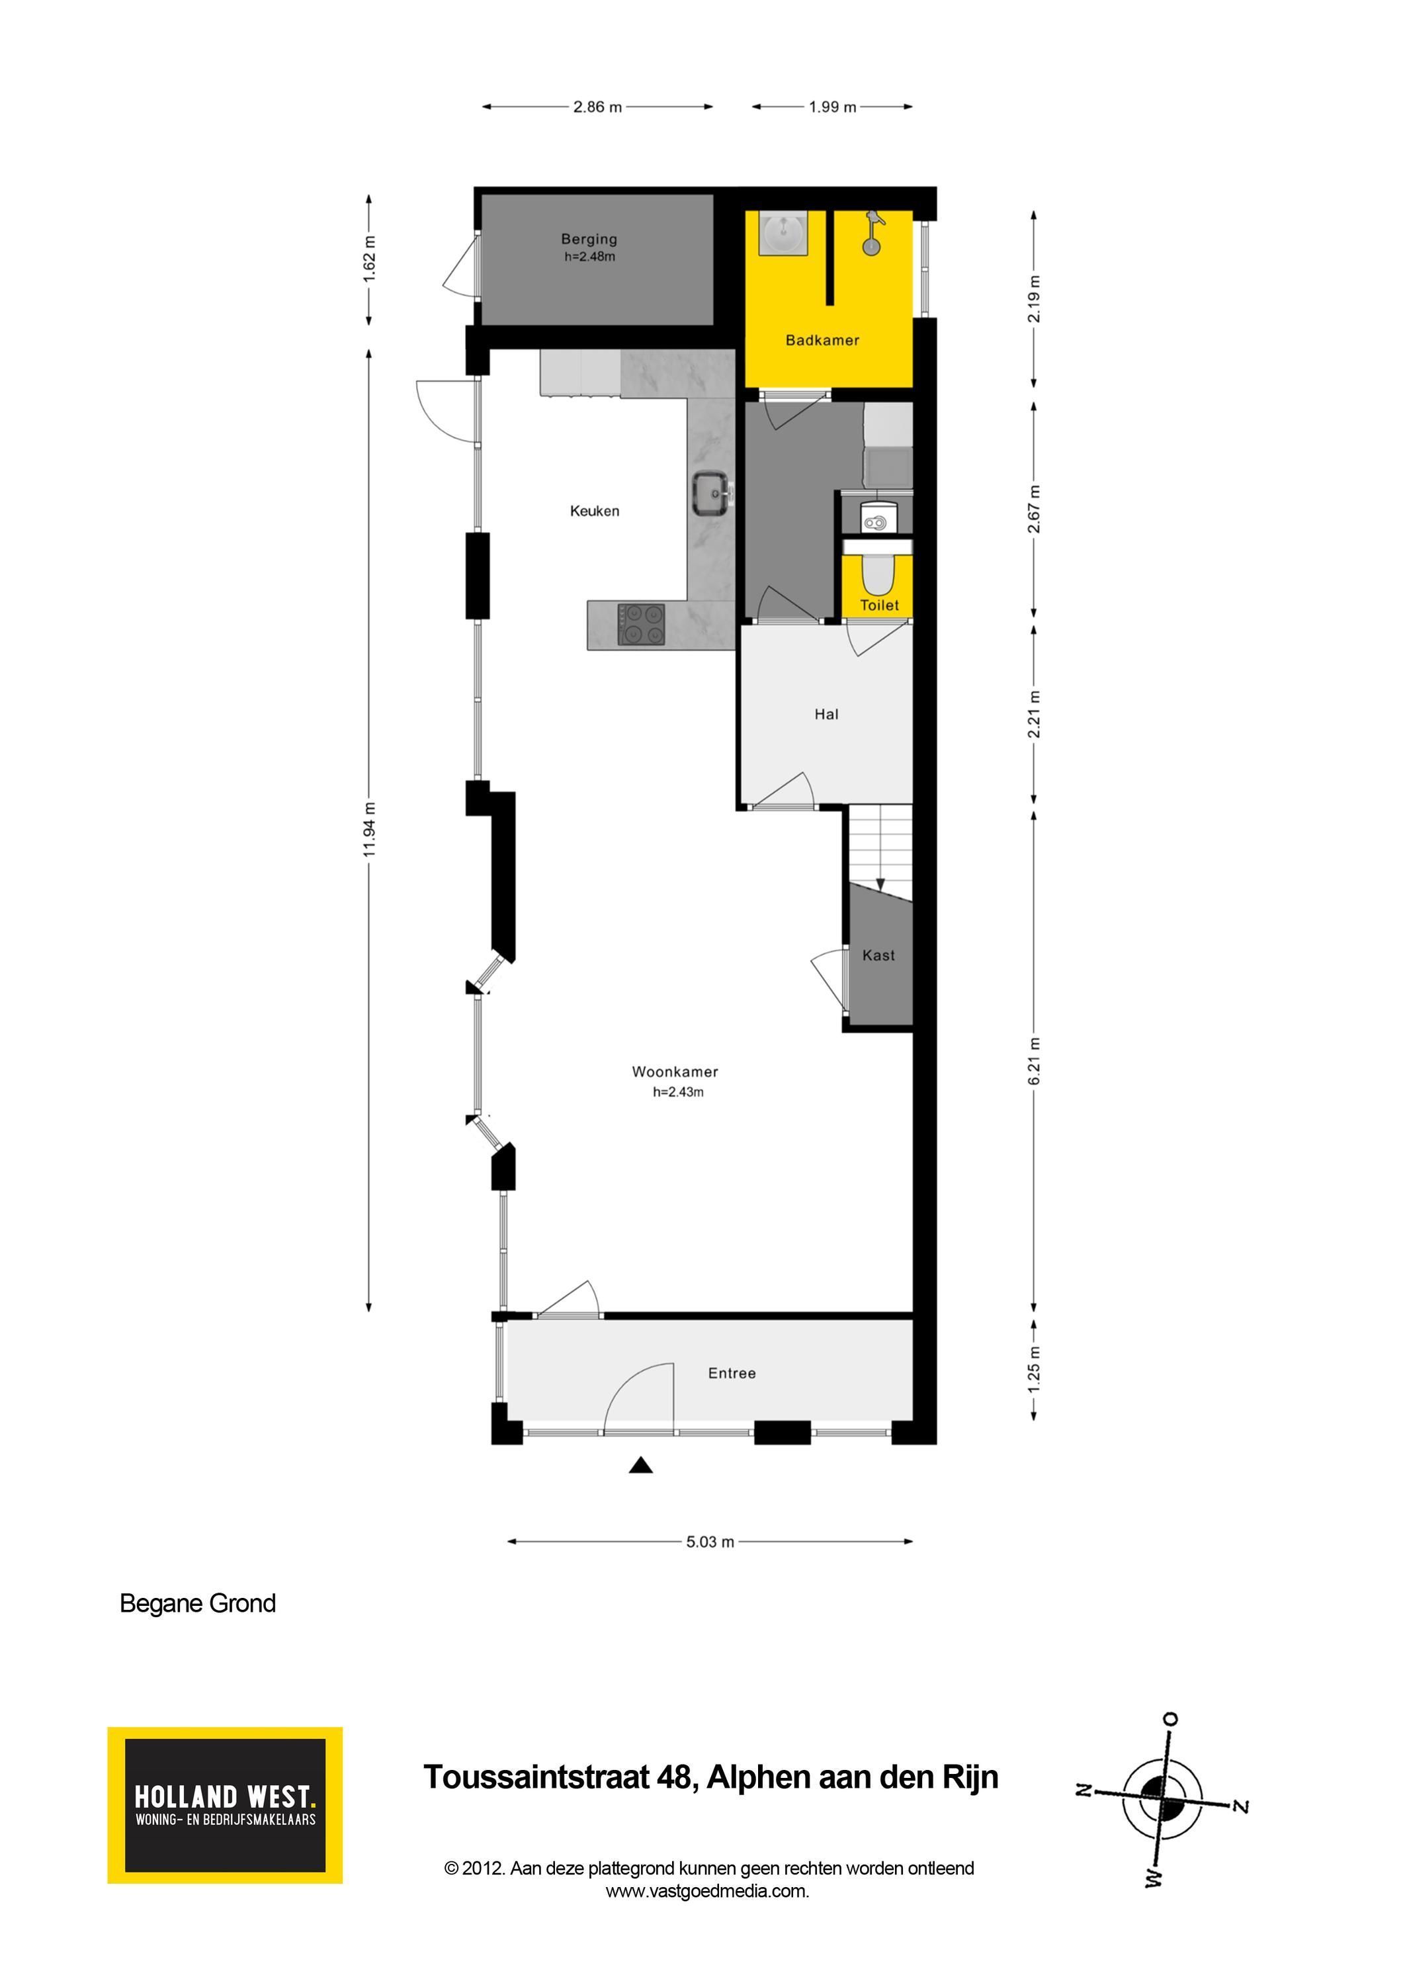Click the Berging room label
tap(589, 239)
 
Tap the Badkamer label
tap(822, 340)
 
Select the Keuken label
tap(595, 511)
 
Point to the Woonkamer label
tap(675, 1071)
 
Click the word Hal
tap(826, 714)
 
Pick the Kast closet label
tap(878, 955)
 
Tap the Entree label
tap(732, 1373)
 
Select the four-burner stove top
tap(642, 624)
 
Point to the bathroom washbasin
tap(783, 234)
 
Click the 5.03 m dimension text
tap(710, 1542)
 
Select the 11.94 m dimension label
tap(370, 830)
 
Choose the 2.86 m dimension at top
tap(597, 107)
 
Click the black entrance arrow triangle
tap(640, 1464)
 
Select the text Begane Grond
tap(198, 1604)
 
